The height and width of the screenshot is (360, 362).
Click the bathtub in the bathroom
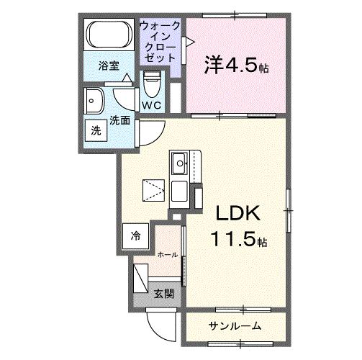tap(110, 36)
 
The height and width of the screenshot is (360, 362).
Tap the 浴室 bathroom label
tap(109, 64)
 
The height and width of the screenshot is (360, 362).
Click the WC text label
tap(151, 105)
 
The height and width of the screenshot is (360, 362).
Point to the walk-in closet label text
tap(160, 40)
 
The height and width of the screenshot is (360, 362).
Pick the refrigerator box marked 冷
tap(137, 235)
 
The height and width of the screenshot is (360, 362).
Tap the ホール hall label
tap(168, 254)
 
